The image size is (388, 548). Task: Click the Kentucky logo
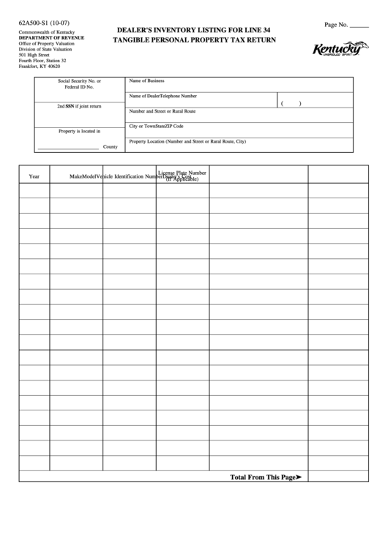(340, 50)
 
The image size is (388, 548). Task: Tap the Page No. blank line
(359, 27)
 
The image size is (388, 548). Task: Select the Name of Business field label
(146, 80)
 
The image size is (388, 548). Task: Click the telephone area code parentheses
(291, 103)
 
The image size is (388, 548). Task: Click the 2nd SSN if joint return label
(80, 106)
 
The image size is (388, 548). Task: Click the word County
(111, 147)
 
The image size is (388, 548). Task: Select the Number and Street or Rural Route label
(162, 111)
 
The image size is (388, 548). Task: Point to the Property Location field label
(187, 140)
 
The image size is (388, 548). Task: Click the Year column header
(34, 176)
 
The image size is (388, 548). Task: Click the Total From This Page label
(263, 477)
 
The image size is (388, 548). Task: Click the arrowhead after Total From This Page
(299, 477)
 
